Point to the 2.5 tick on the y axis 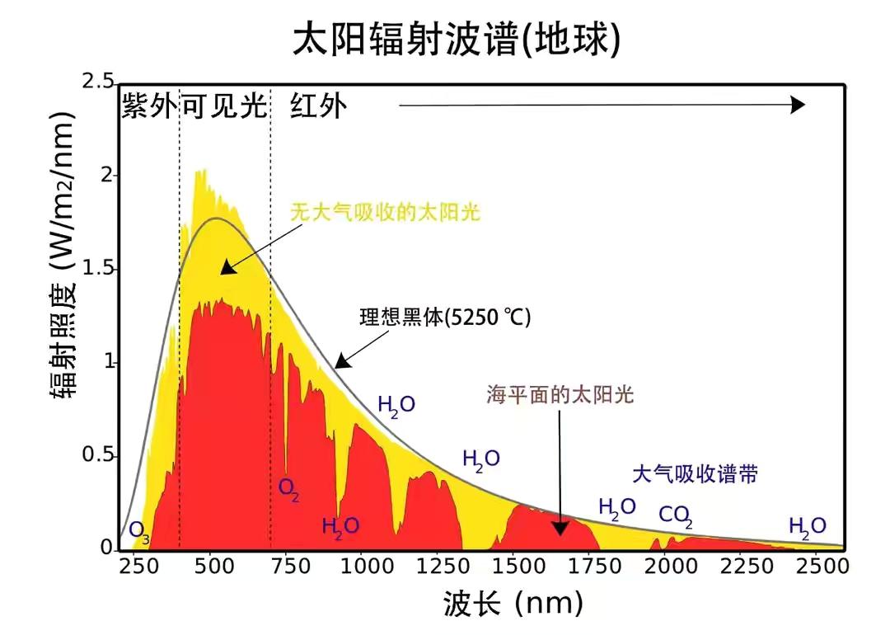point(98,82)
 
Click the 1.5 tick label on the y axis point(98,270)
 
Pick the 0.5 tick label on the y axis point(98,456)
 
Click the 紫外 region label point(149,106)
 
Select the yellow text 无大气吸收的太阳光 point(385,212)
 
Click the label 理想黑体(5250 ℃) point(445,317)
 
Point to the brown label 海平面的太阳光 point(560,395)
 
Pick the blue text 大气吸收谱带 point(695,473)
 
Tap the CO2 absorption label point(675,517)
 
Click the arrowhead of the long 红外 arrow point(797,105)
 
